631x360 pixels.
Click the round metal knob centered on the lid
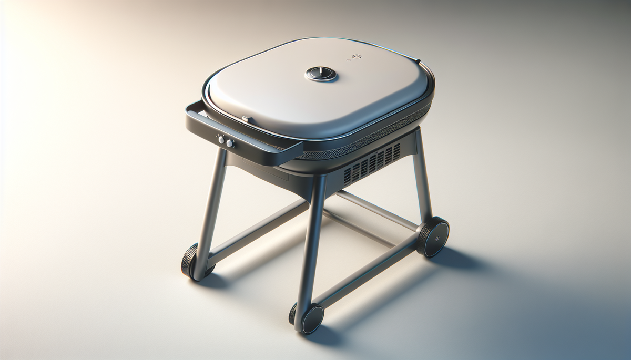pos(321,74)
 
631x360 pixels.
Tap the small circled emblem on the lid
pos(356,57)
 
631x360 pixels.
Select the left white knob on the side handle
pos(221,140)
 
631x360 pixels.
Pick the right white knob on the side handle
pos(230,143)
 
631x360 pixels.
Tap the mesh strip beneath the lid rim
pos(363,138)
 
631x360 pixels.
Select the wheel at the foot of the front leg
pos(310,318)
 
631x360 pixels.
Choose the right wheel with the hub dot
pos(434,236)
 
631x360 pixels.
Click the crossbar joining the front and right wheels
pos(368,273)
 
